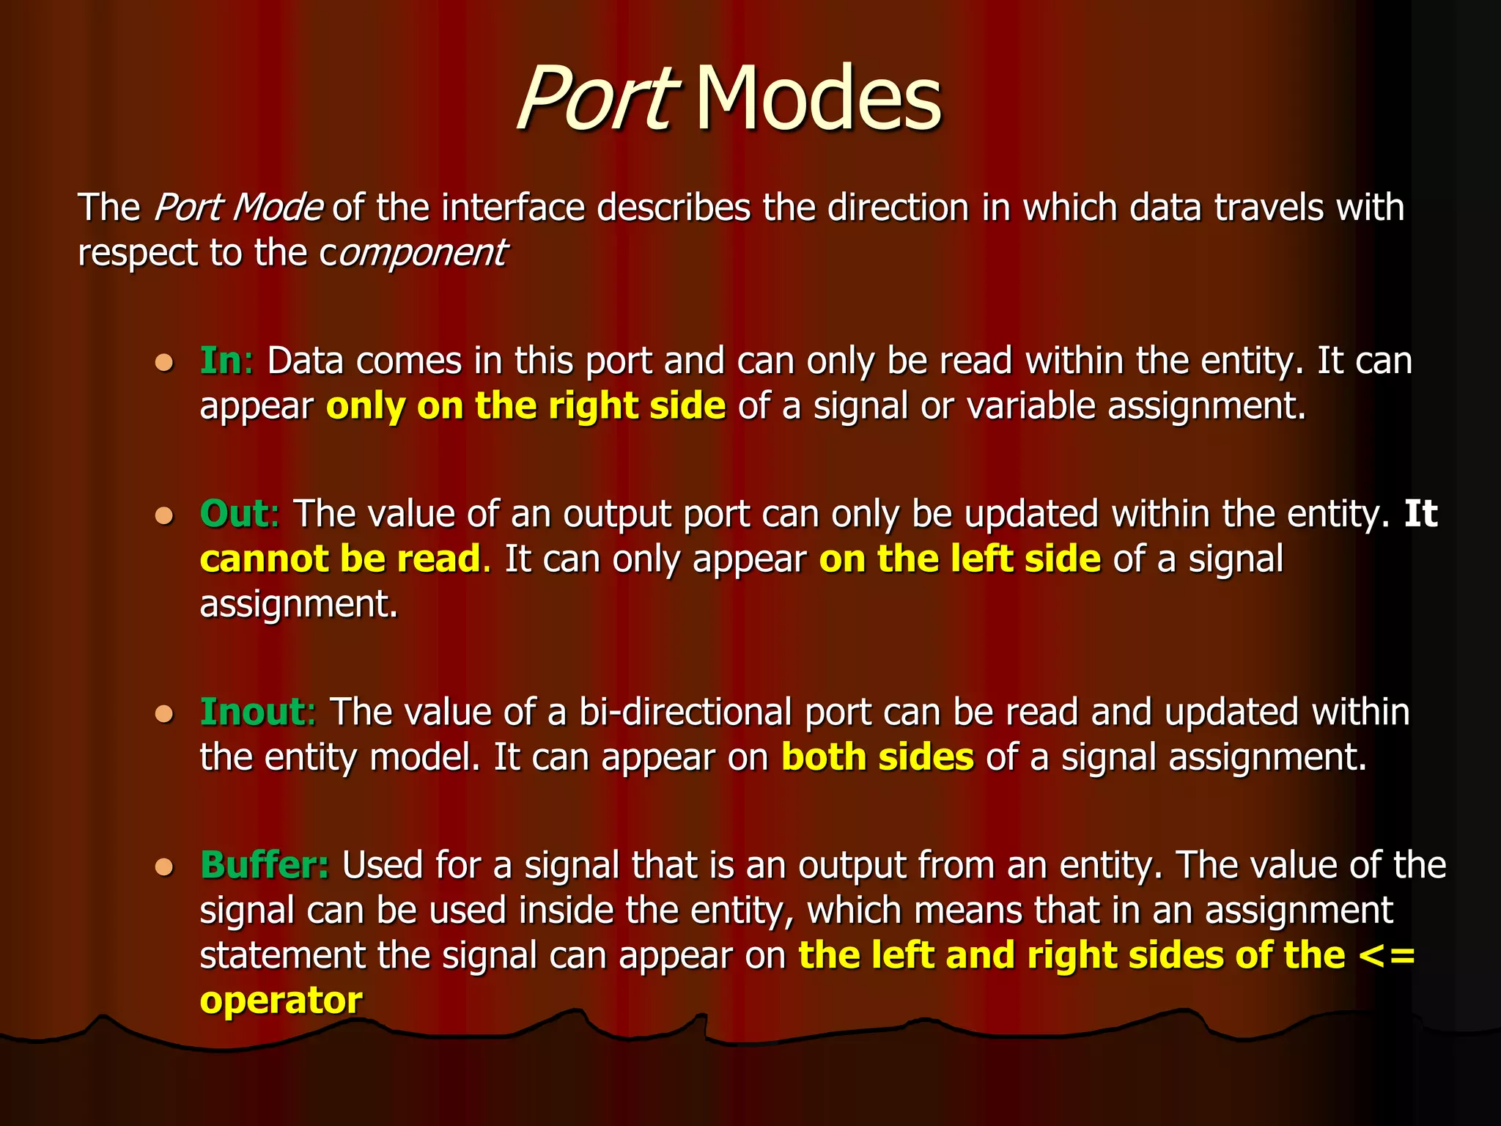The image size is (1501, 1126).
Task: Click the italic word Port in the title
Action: coord(595,99)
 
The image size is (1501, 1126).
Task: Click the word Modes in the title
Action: coord(818,99)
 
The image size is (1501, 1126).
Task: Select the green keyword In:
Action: coord(226,361)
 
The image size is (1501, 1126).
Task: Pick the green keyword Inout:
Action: coord(257,712)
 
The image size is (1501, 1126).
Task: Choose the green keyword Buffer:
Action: coord(265,865)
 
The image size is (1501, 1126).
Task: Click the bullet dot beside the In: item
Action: coord(164,363)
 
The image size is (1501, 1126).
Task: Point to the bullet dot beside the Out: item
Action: coord(164,516)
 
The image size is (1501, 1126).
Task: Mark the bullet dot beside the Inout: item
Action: coord(164,714)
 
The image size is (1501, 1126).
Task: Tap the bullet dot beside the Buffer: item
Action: coord(164,867)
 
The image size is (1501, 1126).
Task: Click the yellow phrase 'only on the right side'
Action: coord(525,406)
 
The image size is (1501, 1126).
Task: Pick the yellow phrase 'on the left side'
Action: coord(959,559)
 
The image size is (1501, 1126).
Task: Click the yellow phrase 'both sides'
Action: coord(877,757)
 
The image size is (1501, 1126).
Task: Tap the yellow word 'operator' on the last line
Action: coord(281,1001)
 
